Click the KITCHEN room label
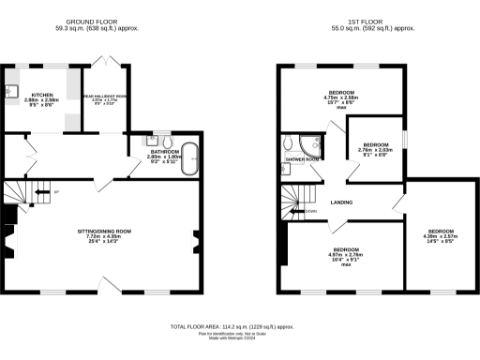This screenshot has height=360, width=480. (x=41, y=95)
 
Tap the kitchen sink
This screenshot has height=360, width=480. (x=14, y=91)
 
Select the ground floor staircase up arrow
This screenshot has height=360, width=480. (x=41, y=193)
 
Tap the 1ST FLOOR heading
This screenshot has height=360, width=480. (x=365, y=20)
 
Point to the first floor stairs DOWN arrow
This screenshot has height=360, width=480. (x=301, y=211)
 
